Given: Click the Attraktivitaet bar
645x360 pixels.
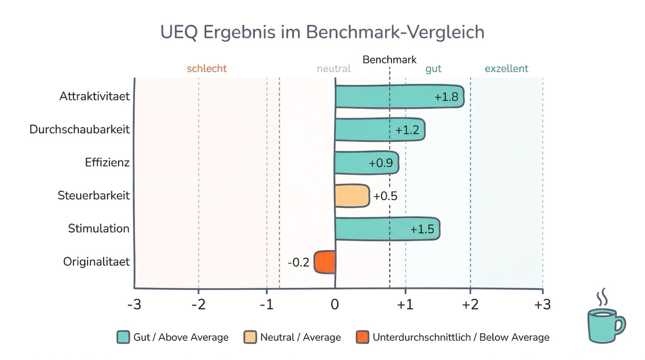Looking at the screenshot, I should tap(398, 96).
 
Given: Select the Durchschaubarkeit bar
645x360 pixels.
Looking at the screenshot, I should tap(379, 130).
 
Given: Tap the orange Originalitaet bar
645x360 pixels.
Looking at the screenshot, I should tap(325, 262).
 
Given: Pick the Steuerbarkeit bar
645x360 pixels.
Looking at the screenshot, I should tap(352, 196).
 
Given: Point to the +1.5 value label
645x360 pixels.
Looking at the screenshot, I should tap(422, 229).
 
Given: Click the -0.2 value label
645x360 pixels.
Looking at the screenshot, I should tap(298, 263).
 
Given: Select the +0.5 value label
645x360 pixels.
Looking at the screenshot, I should tap(385, 196).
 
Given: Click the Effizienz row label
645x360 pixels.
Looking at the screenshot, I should tap(107, 163).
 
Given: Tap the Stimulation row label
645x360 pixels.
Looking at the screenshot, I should tap(99, 228).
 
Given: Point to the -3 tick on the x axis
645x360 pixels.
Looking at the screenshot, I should tap(134, 305).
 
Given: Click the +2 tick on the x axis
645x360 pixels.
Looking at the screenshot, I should tap(470, 305).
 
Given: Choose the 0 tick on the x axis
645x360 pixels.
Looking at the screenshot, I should tap(335, 305).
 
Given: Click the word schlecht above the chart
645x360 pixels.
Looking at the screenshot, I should tap(207, 69).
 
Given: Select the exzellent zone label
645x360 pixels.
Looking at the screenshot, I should tap(506, 69).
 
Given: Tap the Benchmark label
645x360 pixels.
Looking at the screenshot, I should tap(390, 59).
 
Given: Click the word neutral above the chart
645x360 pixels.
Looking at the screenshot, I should tap(334, 69).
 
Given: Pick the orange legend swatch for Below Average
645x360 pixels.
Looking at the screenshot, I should tap(362, 337).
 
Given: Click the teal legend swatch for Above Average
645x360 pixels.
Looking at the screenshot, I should tap(123, 337).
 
